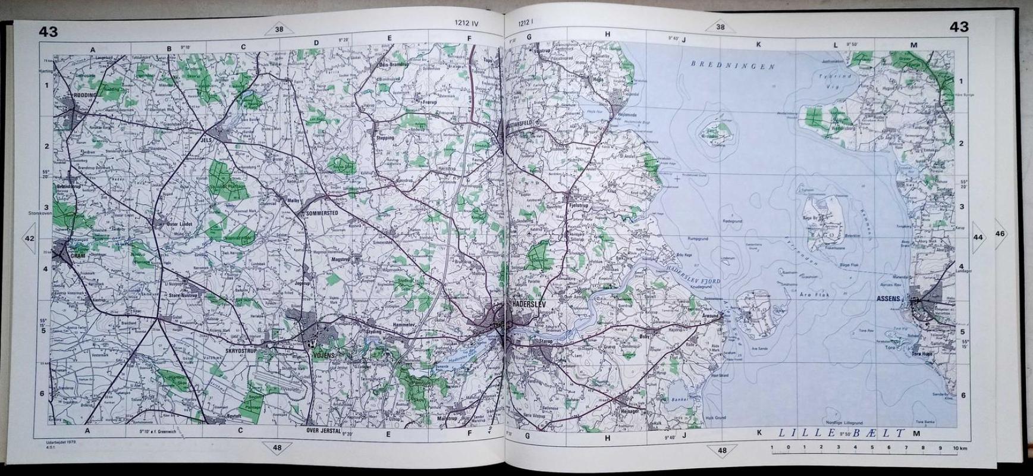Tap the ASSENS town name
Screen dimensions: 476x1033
pos(888,299)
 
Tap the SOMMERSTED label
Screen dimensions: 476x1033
pos(322,212)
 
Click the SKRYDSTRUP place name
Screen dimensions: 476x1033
pos(241,350)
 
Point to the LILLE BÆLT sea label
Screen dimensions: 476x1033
pos(841,435)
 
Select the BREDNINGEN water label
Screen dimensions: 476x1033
pos(733,65)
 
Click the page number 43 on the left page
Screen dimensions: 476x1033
pos(48,32)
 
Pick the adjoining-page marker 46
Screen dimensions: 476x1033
pos(1000,234)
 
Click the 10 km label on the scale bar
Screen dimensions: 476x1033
pos(959,447)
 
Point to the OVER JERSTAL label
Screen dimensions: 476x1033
pos(322,430)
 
